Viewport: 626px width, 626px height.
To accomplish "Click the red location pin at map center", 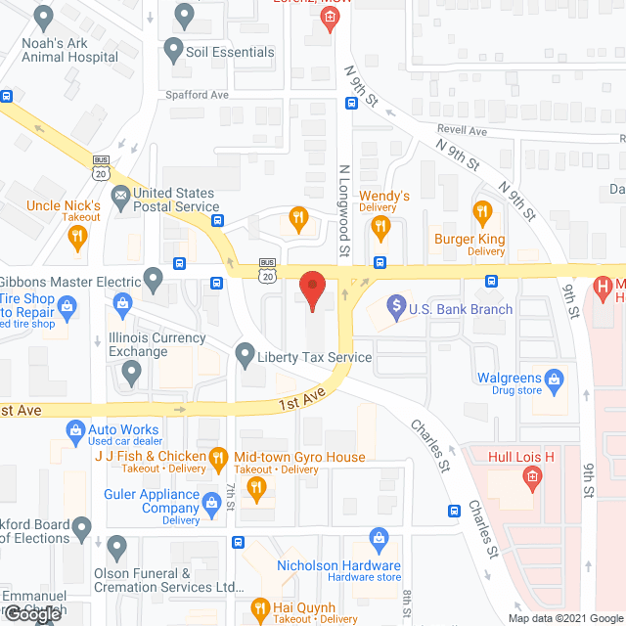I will coord(312,290).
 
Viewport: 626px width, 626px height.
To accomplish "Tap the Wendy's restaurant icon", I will coord(382,227).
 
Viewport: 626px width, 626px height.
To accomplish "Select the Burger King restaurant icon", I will coord(481,212).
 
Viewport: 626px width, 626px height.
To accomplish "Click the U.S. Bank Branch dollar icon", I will coord(396,309).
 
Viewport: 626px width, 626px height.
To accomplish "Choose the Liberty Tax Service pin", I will coord(246,357).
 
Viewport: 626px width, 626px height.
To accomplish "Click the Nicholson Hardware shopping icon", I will coord(378,538).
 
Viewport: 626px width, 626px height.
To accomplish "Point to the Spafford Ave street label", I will coord(197,96).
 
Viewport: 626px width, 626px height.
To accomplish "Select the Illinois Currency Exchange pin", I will coord(131,370).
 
